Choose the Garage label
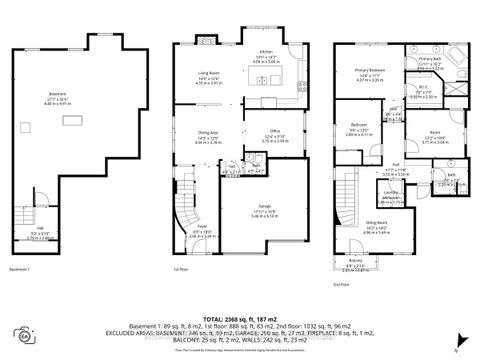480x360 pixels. pos(264,210)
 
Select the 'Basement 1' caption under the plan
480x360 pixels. pos(22,269)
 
